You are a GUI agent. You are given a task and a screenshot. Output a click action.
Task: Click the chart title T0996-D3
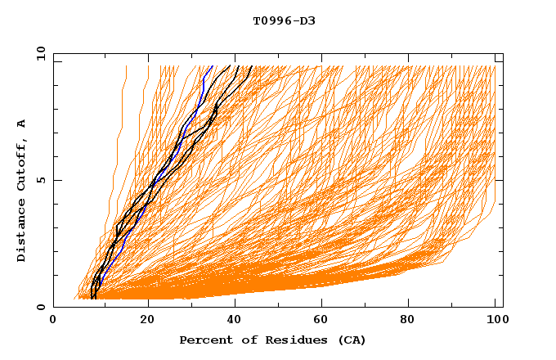284,20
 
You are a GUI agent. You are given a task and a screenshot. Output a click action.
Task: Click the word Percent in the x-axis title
203,340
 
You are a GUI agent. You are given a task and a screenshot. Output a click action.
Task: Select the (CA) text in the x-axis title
349,340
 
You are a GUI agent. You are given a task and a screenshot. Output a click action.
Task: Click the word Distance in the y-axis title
21,231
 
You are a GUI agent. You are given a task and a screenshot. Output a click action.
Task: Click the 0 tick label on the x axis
53,321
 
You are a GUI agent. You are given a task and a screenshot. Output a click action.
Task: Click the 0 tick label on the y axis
41,307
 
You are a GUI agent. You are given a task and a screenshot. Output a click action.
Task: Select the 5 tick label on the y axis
41,180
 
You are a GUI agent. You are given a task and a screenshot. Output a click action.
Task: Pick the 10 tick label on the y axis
39,53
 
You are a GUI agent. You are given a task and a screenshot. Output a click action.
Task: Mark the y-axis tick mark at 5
56,180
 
